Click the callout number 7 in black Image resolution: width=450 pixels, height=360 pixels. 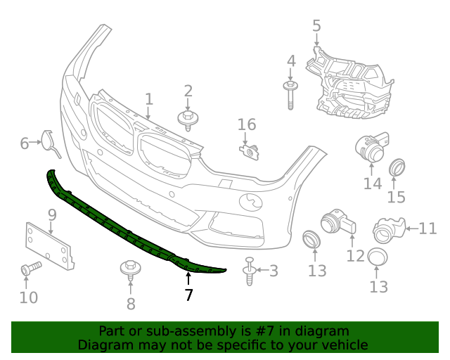click(188, 295)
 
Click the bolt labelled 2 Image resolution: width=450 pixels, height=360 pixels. click(188, 120)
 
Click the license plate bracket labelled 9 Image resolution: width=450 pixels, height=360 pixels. click(49, 245)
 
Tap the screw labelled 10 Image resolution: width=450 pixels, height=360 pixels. click(30, 268)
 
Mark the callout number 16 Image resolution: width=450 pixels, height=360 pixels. click(247, 125)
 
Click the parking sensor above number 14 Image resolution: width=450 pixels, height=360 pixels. click(370, 146)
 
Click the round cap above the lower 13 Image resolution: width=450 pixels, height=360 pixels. click(378, 259)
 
